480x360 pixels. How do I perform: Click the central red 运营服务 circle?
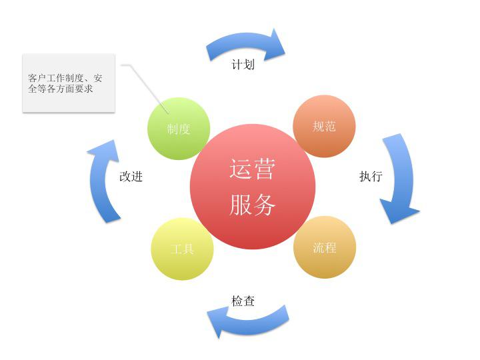coord(253,187)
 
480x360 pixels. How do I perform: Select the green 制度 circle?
coord(179,129)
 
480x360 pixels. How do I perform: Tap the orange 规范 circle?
coord(324,126)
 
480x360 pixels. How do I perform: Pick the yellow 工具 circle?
coord(183,249)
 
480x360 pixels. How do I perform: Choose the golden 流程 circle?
coord(325,247)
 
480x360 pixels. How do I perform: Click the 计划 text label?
coord(243,65)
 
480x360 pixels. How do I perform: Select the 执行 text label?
coord(371,176)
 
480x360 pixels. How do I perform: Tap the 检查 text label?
coord(243,301)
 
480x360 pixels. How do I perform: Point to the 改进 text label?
coord(131,176)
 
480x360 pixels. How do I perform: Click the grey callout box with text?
coord(69,83)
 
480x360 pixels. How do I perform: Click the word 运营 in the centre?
coord(252,169)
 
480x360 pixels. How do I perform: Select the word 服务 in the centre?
coord(252,205)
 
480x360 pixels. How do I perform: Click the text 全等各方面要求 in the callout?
coord(60,89)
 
